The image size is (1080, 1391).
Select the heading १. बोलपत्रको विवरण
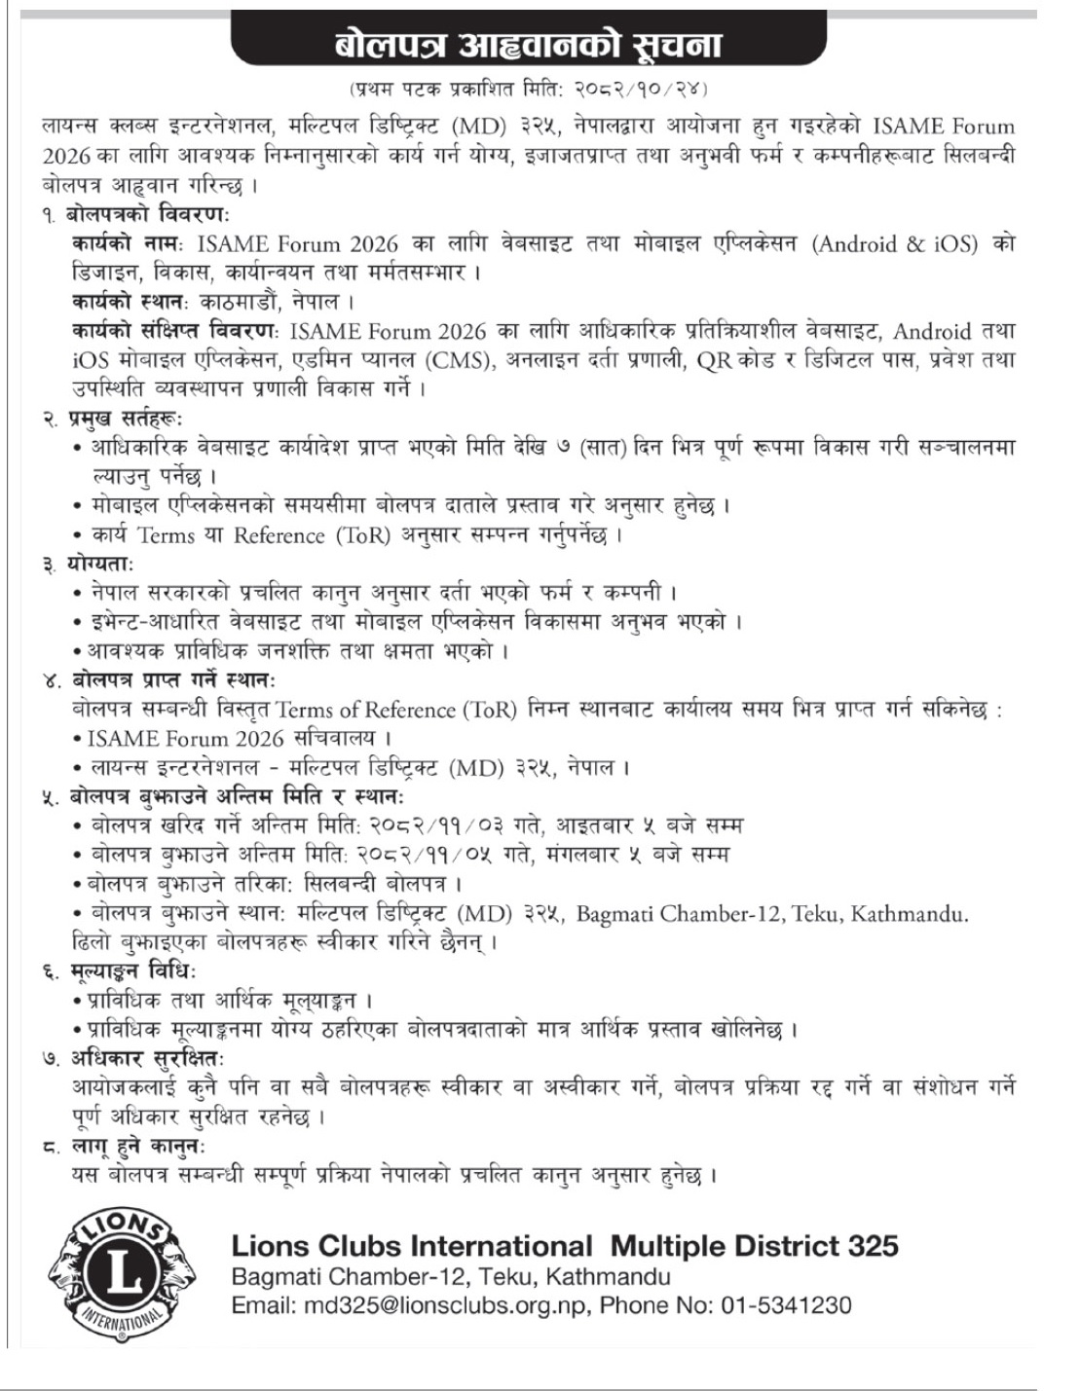tap(136, 214)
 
